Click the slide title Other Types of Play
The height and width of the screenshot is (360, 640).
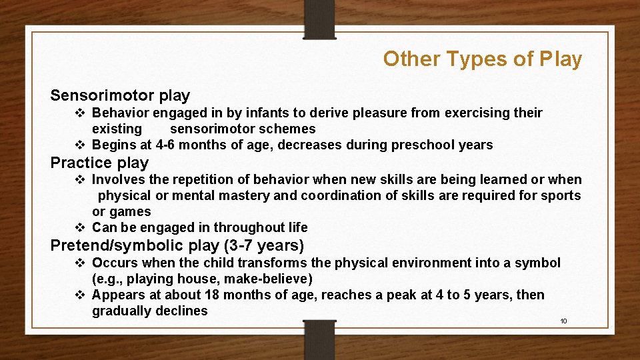pyautogui.click(x=482, y=59)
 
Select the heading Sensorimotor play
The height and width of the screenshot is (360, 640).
pyautogui.click(x=120, y=96)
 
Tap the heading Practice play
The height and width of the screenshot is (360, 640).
pyautogui.click(x=99, y=163)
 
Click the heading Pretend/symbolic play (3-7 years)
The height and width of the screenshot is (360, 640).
pyautogui.click(x=177, y=245)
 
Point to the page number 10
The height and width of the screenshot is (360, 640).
pyautogui.click(x=563, y=321)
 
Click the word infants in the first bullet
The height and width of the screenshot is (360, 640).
pyautogui.click(x=277, y=113)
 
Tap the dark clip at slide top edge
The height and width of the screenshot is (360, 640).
pyautogui.click(x=319, y=19)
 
